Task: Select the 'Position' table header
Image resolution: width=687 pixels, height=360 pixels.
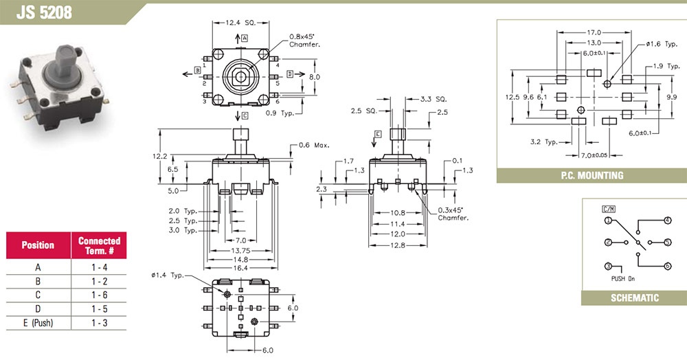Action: pos(38,245)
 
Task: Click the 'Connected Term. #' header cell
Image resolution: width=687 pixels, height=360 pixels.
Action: pos(99,245)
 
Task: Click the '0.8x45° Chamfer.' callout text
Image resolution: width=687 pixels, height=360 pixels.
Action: pos(305,41)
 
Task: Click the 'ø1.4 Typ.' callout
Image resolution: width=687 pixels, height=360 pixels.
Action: pos(166,276)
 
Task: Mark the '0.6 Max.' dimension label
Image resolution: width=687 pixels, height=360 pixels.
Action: pos(314,146)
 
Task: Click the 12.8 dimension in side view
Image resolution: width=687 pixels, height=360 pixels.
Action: pos(399,244)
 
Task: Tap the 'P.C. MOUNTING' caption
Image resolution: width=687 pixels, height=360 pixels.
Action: pos(592,175)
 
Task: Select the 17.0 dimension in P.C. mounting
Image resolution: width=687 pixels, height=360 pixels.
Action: pos(594,32)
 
